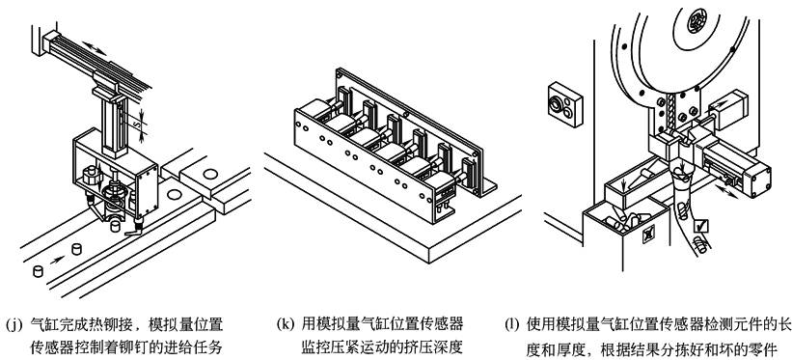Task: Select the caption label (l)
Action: coord(512,324)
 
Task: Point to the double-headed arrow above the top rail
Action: coord(95,48)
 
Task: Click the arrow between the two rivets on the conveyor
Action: coord(57,260)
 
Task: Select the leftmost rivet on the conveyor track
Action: coord(38,270)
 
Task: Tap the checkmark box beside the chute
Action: coord(701,226)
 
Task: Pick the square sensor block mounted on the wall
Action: coord(564,103)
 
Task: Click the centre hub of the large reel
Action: coord(699,21)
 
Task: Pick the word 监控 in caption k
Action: coord(316,348)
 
